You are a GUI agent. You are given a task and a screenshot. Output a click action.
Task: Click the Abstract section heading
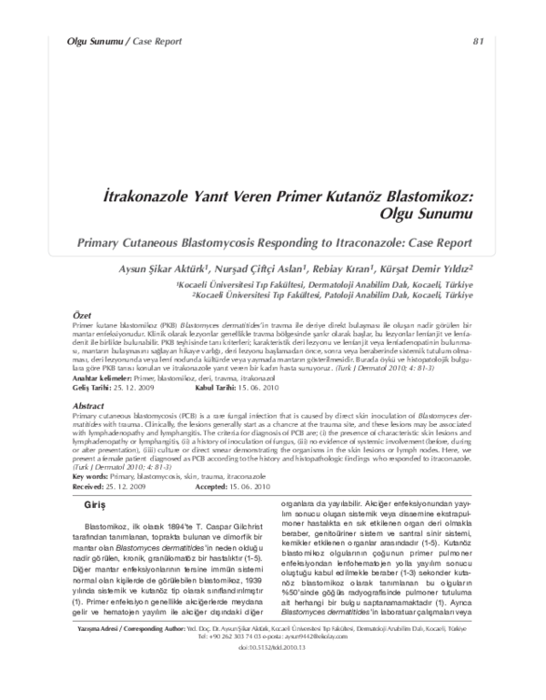coord(89,405)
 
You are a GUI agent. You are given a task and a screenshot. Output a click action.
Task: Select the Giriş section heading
coord(96,502)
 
